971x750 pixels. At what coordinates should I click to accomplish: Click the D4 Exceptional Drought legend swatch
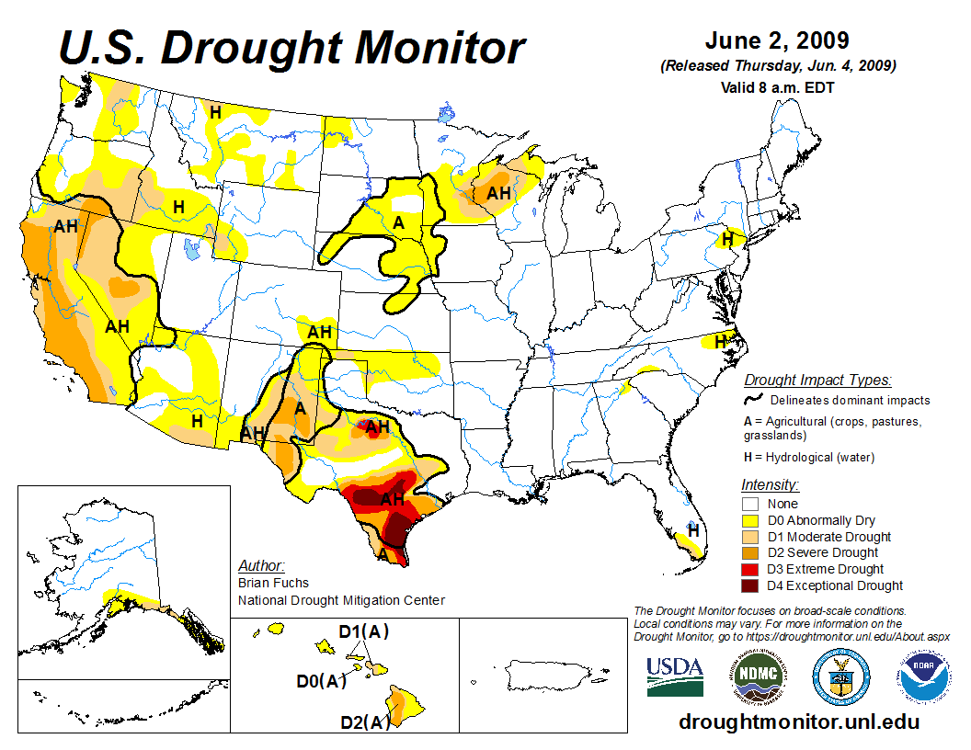750,585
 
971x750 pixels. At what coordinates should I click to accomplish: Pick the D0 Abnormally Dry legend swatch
750,520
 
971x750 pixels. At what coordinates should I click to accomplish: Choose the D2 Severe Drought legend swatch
750,552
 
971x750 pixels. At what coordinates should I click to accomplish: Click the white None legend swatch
750,504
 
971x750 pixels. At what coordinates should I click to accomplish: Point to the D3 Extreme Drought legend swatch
750,569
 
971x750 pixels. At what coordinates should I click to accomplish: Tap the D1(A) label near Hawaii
364,631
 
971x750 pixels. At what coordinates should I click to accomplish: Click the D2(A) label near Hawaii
365,722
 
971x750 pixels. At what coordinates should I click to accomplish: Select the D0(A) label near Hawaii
321,681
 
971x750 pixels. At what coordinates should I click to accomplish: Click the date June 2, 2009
777,41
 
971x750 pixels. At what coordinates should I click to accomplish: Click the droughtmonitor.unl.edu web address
798,722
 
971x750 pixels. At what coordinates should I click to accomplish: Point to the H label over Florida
692,530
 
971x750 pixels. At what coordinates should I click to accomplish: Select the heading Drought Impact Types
817,380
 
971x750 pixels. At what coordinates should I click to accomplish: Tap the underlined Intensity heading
770,484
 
